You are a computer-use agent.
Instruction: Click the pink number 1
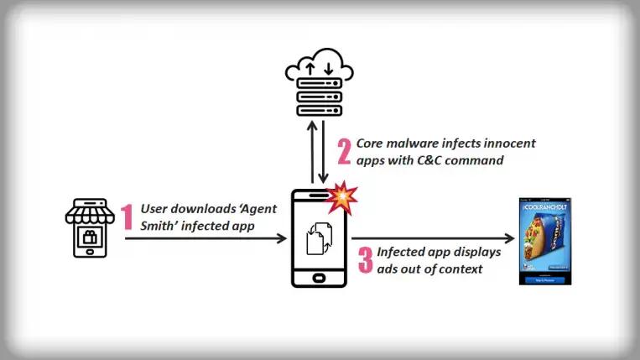pyautogui.click(x=127, y=217)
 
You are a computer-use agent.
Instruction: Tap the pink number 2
pyautogui.click(x=343, y=151)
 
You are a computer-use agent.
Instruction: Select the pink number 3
pyautogui.click(x=365, y=259)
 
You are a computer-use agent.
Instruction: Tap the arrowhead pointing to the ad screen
pyautogui.click(x=510, y=239)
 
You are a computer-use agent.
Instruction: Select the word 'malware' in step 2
pyautogui.click(x=416, y=143)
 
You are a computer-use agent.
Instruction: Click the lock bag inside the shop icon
pyautogui.click(x=90, y=238)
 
